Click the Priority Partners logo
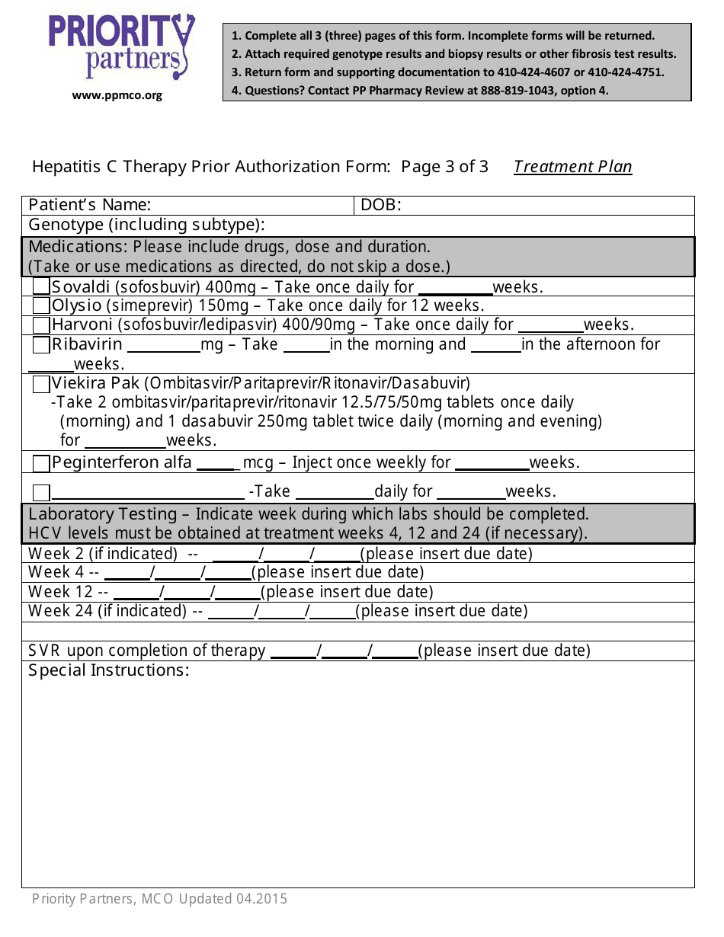(x=121, y=47)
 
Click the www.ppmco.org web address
(x=117, y=95)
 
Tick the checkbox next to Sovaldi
(x=41, y=287)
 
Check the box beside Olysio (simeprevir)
(x=41, y=306)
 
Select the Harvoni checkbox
(x=41, y=325)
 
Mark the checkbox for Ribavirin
(x=41, y=345)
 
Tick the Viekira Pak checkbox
(x=41, y=384)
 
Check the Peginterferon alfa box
(x=41, y=463)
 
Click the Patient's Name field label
(x=89, y=206)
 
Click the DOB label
(x=380, y=206)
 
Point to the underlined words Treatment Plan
(x=572, y=167)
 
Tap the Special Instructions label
(x=109, y=670)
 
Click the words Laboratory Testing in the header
(x=103, y=514)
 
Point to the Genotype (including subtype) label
(x=147, y=225)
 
